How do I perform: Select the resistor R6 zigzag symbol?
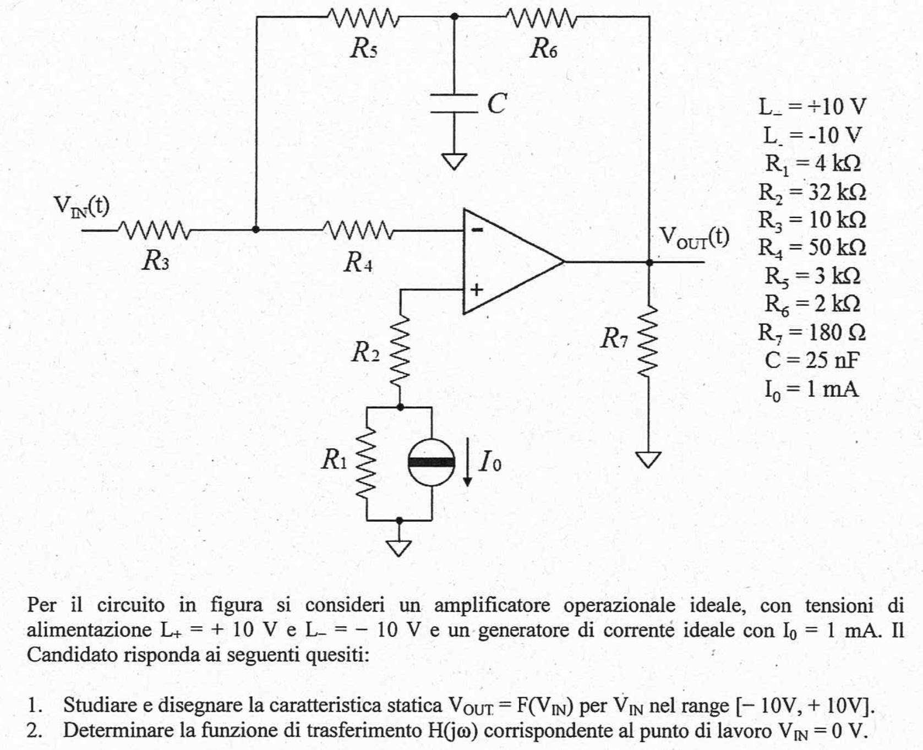pyautogui.click(x=543, y=18)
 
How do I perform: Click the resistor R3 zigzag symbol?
pyautogui.click(x=155, y=230)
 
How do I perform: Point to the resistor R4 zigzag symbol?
pyautogui.click(x=357, y=230)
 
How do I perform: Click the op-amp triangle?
pyautogui.click(x=506, y=261)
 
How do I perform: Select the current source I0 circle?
pyautogui.click(x=432, y=462)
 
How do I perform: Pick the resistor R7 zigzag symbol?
pyautogui.click(x=649, y=341)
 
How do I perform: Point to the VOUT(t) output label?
pyautogui.click(x=694, y=238)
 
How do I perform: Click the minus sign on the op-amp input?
pyautogui.click(x=477, y=230)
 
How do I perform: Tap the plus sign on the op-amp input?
pyautogui.click(x=477, y=289)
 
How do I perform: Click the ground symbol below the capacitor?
pyautogui.click(x=454, y=161)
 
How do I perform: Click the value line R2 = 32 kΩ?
pyautogui.click(x=812, y=192)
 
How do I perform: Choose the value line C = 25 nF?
pyautogui.click(x=812, y=360)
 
